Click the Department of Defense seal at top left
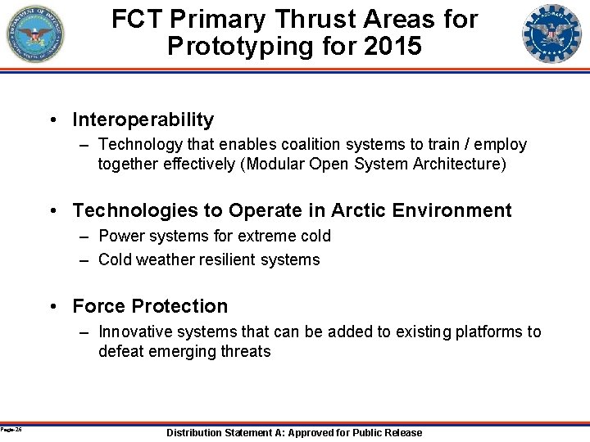point(35,34)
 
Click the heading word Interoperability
point(143,120)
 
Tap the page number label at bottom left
point(11,429)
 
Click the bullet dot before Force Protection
point(53,306)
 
